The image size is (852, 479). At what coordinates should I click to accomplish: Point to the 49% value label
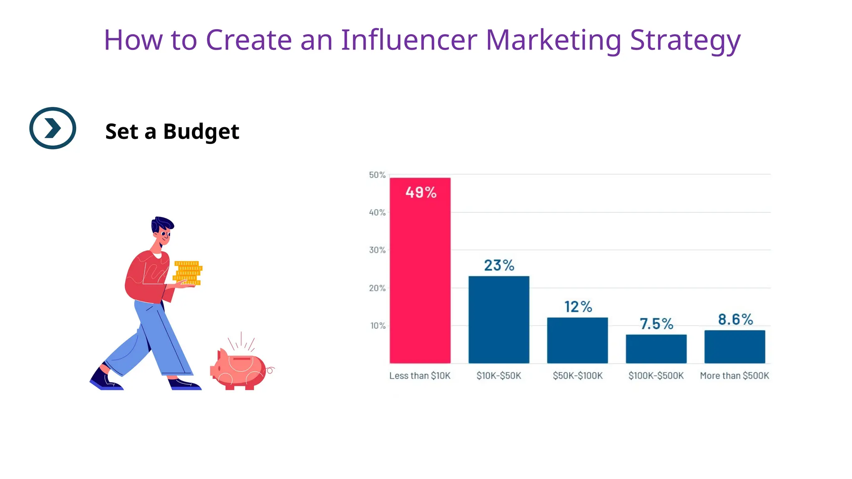point(421,193)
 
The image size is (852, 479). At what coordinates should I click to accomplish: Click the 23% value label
point(499,265)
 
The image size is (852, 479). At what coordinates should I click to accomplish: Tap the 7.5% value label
point(656,323)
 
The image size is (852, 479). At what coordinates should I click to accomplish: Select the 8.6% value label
point(736,319)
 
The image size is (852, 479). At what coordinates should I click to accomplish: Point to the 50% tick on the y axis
point(377,175)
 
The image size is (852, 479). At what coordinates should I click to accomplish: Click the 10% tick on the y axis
point(378,326)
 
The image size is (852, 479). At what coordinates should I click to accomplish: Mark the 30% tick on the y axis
point(377,250)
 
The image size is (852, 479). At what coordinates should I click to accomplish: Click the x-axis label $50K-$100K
point(577,375)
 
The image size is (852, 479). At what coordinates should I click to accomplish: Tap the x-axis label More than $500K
point(734,375)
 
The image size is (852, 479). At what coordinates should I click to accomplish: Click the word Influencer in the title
point(409,40)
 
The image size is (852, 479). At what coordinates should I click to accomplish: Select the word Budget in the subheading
point(201,132)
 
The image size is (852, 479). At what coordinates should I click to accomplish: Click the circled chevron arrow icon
point(53,128)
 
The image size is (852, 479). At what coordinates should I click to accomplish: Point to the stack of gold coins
point(187,273)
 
